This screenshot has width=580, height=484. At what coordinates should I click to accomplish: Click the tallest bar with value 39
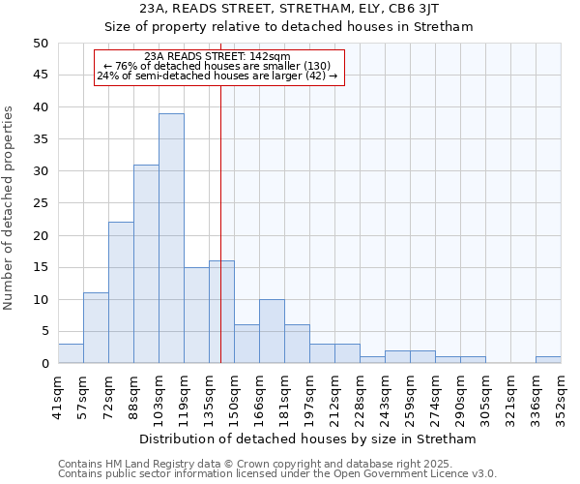[x=171, y=238]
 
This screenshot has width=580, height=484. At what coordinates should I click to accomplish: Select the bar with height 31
[x=146, y=264]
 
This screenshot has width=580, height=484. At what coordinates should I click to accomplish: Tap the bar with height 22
[x=121, y=292]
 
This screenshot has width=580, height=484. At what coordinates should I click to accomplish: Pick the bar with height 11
[x=96, y=328]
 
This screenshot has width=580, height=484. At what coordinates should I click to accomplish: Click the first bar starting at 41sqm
[x=71, y=353]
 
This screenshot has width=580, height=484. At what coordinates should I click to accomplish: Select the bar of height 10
[x=272, y=331]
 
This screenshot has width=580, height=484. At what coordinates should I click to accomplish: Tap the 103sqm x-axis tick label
[x=159, y=396]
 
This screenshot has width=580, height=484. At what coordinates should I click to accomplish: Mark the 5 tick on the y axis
[x=44, y=331]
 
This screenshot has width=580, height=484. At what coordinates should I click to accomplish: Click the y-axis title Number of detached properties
[x=10, y=208]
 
